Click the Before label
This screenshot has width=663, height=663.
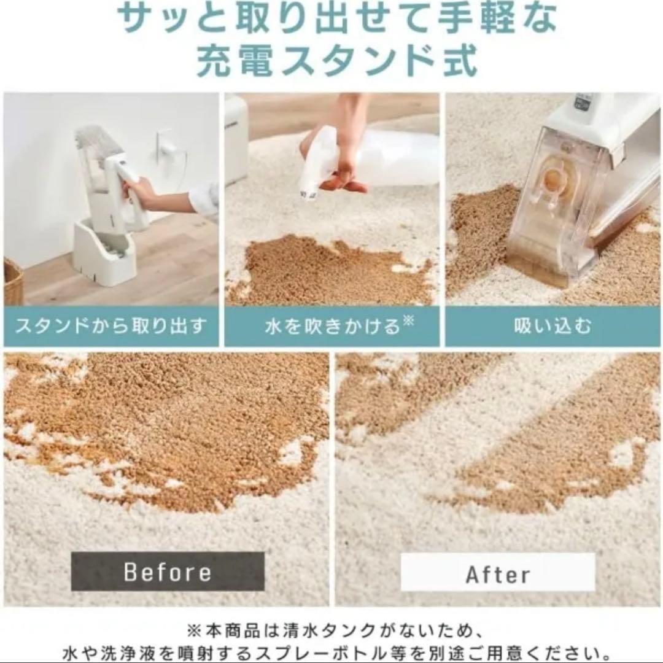168,572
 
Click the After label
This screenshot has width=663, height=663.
498,574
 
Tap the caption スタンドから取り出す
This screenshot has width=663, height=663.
111,327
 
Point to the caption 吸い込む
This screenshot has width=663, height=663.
552,327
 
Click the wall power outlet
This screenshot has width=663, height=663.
165,144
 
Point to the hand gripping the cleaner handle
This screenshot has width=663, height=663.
138,191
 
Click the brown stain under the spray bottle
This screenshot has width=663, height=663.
331,270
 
